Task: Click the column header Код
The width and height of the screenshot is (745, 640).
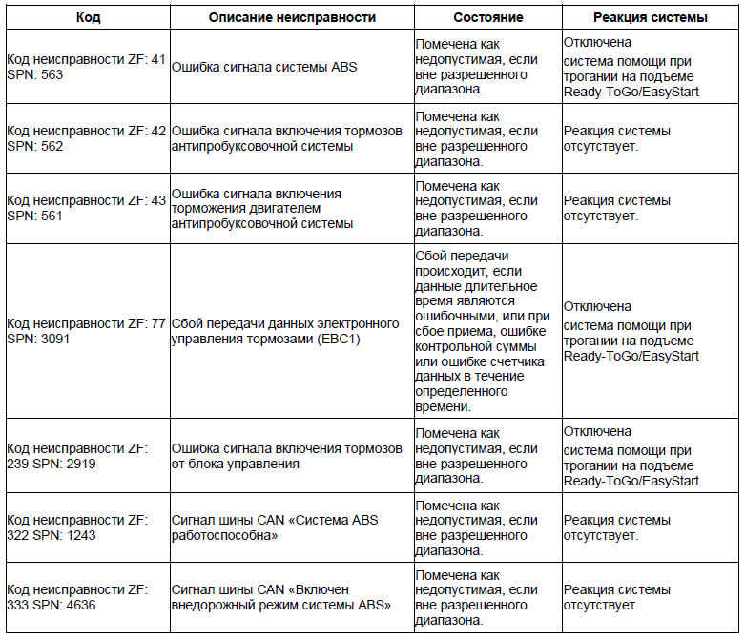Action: tap(87, 17)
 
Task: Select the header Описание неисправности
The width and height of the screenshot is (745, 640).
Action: tap(292, 17)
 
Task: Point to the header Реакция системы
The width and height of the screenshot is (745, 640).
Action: tap(649, 17)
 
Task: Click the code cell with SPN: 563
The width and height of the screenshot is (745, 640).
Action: tap(86, 67)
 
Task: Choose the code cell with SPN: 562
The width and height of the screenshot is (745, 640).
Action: tap(86, 139)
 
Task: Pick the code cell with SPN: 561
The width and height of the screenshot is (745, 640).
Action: tap(86, 208)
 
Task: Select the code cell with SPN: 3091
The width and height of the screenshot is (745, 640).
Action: tap(86, 330)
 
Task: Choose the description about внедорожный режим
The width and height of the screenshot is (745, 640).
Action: tap(282, 597)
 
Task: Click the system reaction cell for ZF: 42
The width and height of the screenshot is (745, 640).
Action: tap(617, 139)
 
